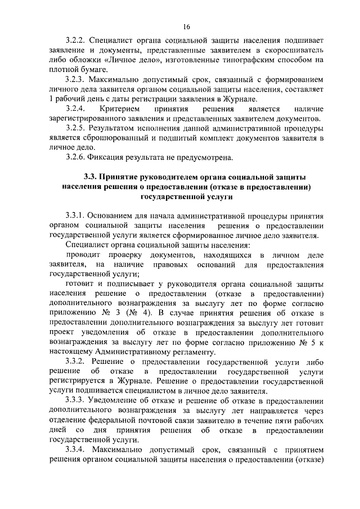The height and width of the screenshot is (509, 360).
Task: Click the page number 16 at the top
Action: click(x=186, y=26)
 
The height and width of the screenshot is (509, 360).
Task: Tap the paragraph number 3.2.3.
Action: click(x=75, y=80)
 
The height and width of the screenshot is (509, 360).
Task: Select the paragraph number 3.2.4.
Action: click(x=75, y=108)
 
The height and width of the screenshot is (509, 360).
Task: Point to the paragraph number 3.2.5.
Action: click(x=75, y=128)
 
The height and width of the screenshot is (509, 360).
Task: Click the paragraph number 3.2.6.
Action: click(x=75, y=156)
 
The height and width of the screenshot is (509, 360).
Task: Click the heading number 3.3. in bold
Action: click(x=93, y=177)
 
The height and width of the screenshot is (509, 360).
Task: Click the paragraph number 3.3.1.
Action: click(x=75, y=215)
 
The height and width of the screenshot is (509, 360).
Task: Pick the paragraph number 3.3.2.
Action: click(x=75, y=362)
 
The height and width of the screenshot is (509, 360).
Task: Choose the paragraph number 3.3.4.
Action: click(x=75, y=450)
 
